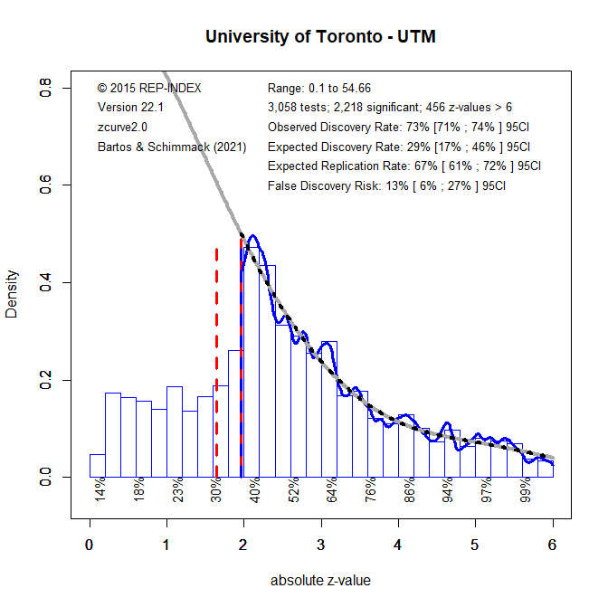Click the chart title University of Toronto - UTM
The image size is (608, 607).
click(320, 37)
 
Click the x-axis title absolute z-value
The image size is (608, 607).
click(320, 580)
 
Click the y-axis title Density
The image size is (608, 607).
click(13, 293)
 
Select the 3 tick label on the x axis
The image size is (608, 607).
click(320, 545)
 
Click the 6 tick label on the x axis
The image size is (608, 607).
click(552, 545)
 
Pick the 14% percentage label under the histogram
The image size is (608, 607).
click(100, 489)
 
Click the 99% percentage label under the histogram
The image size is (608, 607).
click(526, 489)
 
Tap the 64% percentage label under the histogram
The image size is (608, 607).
click(332, 489)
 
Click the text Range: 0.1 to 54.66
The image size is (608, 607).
click(319, 88)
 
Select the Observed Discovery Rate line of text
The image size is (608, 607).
click(398, 127)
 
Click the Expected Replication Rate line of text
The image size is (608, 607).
click(404, 166)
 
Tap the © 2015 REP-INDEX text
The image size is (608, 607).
click(149, 88)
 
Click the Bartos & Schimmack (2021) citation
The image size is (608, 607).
click(171, 147)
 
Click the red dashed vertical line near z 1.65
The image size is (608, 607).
click(216, 362)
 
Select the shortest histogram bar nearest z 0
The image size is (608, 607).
click(97, 466)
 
